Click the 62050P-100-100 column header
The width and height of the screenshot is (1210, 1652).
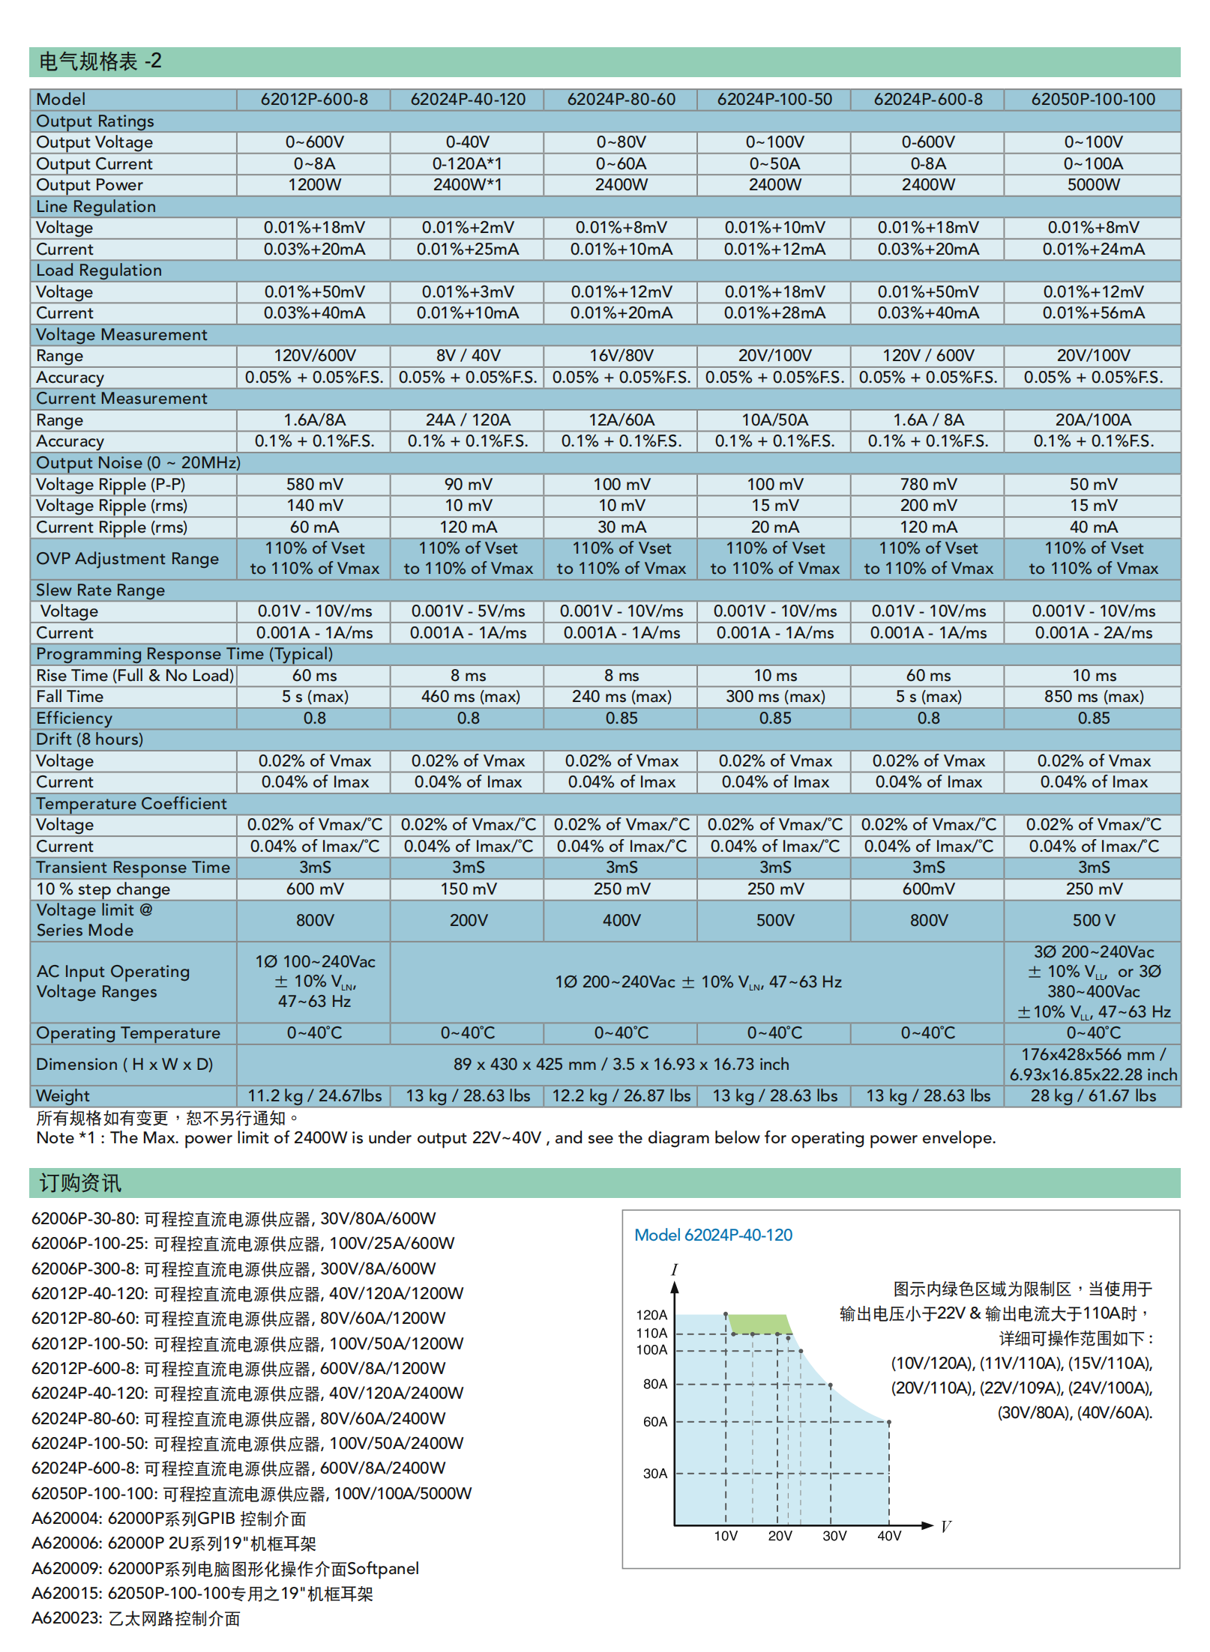[1092, 100]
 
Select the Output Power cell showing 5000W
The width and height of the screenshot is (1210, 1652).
[1092, 185]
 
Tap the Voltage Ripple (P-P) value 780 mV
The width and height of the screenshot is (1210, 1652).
[927, 485]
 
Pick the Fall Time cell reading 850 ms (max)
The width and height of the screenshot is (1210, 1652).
[1093, 697]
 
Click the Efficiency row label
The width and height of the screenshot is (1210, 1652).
[74, 718]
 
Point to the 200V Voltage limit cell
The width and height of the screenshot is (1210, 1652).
[468, 920]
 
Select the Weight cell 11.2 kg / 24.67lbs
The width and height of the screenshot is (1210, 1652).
[314, 1096]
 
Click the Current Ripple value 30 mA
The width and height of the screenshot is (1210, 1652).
[621, 527]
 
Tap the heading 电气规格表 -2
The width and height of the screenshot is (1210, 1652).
[100, 61]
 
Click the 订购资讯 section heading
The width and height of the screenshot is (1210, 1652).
[80, 1183]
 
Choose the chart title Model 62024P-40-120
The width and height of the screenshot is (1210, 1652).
[713, 1235]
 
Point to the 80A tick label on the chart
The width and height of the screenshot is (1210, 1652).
[654, 1384]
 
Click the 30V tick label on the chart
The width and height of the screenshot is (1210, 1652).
[834, 1536]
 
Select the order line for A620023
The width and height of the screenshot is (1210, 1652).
[136, 1619]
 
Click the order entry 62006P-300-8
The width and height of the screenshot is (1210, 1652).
[233, 1269]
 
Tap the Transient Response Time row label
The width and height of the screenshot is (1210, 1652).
[133, 868]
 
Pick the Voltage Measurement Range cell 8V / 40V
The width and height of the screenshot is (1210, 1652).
[468, 356]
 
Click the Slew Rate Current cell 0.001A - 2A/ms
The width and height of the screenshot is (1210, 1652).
[1093, 633]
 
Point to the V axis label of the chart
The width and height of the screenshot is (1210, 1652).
[945, 1527]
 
